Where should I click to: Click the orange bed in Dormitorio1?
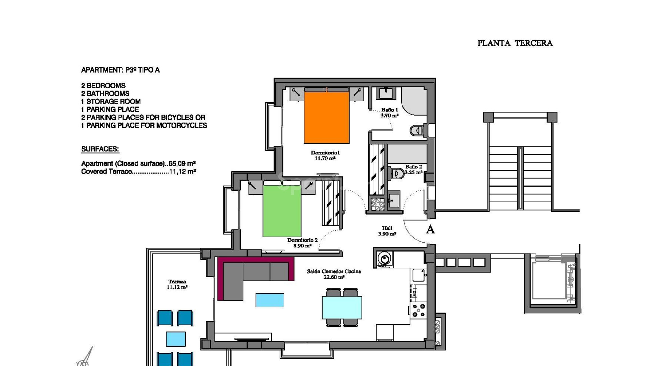pyautogui.click(x=326, y=117)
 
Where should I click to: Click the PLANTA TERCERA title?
pyautogui.click(x=515, y=43)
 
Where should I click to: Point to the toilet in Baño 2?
pyautogui.click(x=396, y=174)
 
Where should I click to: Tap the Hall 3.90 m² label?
pyautogui.click(x=387, y=231)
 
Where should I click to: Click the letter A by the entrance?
pyautogui.click(x=430, y=229)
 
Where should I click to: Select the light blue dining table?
pyautogui.click(x=342, y=307)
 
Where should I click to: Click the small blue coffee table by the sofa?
pyautogui.click(x=270, y=300)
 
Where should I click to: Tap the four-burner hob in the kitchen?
pyautogui.click(x=419, y=310)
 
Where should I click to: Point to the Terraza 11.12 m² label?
pyautogui.click(x=177, y=284)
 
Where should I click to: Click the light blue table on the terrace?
pyautogui.click(x=176, y=339)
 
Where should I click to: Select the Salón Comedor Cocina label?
pyautogui.click(x=334, y=274)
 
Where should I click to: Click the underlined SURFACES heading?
pyautogui.click(x=100, y=149)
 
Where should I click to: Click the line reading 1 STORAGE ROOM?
pyautogui.click(x=111, y=101)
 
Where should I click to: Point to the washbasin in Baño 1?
pyautogui.click(x=385, y=93)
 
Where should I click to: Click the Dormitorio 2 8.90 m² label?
pyautogui.click(x=302, y=243)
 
